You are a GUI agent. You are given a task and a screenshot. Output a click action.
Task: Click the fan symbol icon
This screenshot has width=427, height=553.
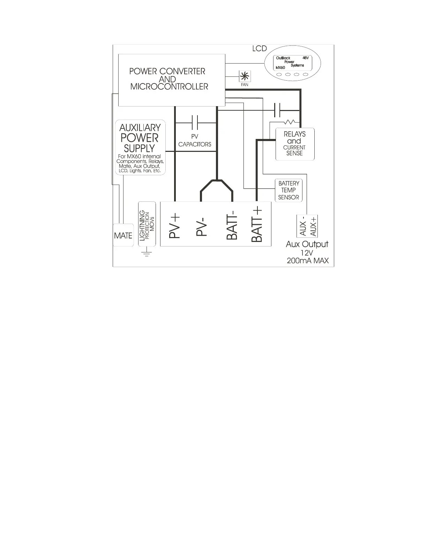[245, 76]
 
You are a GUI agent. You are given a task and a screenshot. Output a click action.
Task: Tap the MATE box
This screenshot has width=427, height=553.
[123, 236]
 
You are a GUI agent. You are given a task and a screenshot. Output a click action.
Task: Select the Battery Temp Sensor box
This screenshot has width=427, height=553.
[289, 190]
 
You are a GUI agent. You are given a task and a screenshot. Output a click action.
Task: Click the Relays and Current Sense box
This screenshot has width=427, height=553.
[295, 144]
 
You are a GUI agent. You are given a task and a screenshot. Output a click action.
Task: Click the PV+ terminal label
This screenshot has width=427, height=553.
[174, 226]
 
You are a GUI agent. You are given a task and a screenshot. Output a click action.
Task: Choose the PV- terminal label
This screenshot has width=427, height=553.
[201, 226]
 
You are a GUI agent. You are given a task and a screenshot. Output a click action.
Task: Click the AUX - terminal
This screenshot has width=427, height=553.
[302, 226]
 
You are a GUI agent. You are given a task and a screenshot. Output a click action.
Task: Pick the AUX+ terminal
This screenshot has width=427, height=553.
[313, 226]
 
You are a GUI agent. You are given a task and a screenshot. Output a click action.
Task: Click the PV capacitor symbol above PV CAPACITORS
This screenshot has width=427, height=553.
[195, 123]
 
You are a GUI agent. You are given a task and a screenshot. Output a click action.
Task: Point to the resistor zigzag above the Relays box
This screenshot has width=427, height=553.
[290, 122]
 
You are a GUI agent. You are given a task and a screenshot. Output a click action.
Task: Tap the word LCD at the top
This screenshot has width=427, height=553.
[259, 49]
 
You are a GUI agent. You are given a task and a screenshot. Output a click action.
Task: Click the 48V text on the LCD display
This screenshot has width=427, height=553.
[305, 58]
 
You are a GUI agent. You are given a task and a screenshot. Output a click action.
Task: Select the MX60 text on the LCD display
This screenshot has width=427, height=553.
[280, 67]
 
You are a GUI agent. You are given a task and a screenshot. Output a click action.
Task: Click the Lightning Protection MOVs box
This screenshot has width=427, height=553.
[147, 224]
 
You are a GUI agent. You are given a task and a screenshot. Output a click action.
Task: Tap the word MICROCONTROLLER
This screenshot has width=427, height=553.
[169, 87]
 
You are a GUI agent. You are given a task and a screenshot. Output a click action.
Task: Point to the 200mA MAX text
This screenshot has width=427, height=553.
[307, 260]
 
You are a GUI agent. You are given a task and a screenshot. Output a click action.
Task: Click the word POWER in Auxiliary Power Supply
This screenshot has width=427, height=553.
[140, 138]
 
